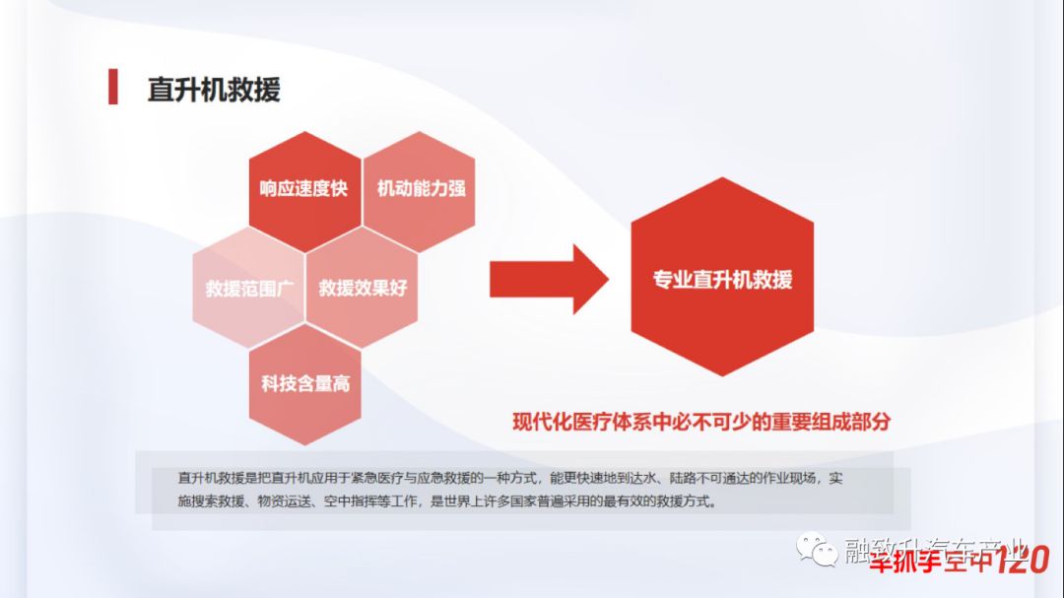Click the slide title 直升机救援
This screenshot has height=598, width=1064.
pos(214,89)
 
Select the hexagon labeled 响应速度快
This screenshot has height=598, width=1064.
pos(303,188)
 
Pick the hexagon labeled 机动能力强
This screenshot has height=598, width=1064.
pos(421,188)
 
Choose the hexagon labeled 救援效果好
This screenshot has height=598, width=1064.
pos(363,289)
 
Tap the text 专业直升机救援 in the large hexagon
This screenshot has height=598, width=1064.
pos(722,279)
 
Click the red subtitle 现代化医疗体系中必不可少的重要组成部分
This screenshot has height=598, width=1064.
pos(701,422)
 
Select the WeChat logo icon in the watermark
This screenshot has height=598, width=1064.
pos(818,550)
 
